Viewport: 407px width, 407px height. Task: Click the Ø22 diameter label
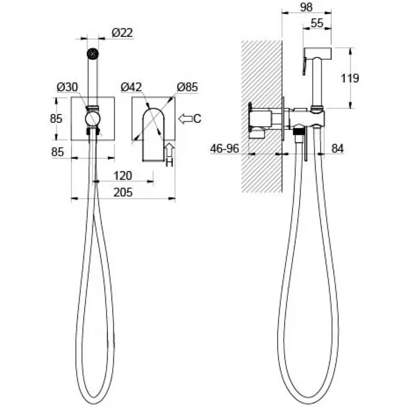pos(122,33)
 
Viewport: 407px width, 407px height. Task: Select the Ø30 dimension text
pos(67,87)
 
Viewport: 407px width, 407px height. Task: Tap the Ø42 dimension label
pos(131,87)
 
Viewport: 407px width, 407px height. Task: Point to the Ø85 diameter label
pos(187,87)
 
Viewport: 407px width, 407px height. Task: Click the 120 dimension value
pos(123,176)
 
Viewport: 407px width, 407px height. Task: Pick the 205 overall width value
pos(123,193)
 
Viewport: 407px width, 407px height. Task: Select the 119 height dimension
pos(350,78)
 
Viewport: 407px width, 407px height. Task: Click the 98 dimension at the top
pos(306,7)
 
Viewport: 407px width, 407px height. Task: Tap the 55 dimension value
pos(317,23)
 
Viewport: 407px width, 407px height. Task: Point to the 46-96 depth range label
pos(225,149)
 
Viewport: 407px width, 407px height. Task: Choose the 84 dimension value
pos(338,149)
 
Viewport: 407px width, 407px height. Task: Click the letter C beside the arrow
pos(197,119)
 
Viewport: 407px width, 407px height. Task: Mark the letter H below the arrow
pos(169,163)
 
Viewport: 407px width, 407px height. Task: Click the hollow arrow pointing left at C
pos(185,119)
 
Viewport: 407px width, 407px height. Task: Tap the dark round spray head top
pos(93,54)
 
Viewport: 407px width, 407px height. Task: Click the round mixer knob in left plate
pos(93,119)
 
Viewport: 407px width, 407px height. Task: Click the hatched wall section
pos(262,116)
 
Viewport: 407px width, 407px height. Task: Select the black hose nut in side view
pos(298,131)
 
